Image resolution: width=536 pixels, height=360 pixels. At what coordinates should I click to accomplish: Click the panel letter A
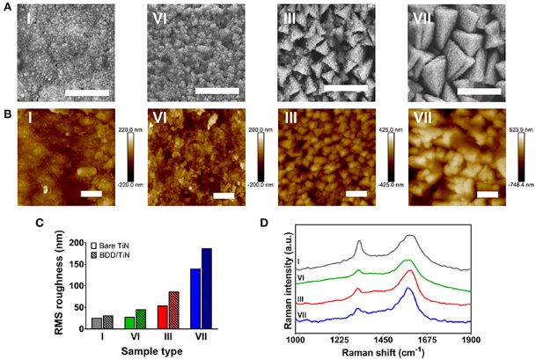pyautogui.click(x=7, y=8)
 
